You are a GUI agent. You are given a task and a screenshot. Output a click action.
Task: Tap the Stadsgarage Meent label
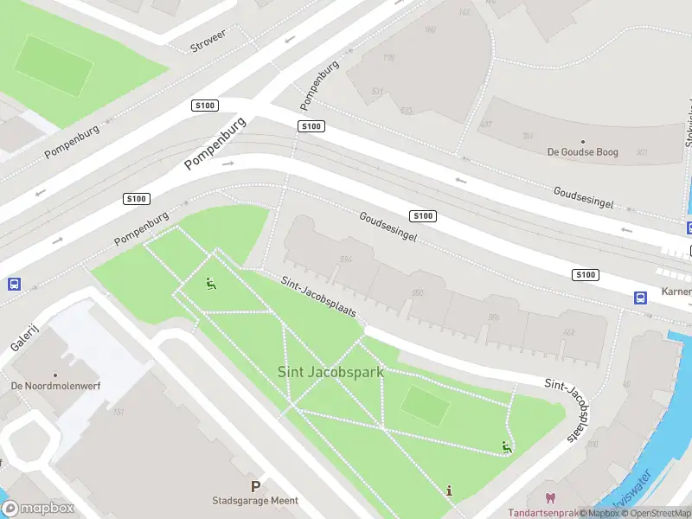[255, 501]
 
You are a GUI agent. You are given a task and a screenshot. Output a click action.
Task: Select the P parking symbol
[255, 487]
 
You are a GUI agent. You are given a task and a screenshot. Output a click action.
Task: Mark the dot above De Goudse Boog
[582, 141]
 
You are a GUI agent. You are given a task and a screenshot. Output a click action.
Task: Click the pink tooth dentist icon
[548, 498]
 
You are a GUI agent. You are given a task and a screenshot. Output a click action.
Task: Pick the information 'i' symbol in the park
[449, 490]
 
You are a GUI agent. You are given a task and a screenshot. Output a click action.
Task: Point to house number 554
[347, 259]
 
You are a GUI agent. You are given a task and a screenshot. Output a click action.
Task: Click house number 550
[418, 293]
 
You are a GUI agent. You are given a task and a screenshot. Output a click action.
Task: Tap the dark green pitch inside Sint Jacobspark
[426, 405]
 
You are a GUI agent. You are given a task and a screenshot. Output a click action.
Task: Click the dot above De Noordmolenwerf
[55, 375]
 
